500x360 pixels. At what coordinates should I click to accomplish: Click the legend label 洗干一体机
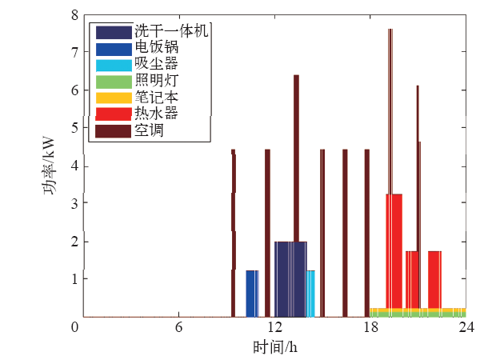pyautogui.click(x=171, y=32)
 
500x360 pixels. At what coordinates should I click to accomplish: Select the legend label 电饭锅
pyautogui.click(x=152, y=48)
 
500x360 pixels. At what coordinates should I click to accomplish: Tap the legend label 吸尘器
pyautogui.click(x=152, y=64)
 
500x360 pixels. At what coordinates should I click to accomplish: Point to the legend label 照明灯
pyautogui.click(x=152, y=81)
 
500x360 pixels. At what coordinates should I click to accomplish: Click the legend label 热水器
pyautogui.click(x=152, y=114)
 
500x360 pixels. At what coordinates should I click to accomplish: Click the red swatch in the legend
pyautogui.click(x=114, y=114)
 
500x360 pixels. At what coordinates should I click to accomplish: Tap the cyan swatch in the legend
pyautogui.click(x=114, y=64)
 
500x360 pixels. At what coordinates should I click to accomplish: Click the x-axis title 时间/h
pyautogui.click(x=275, y=347)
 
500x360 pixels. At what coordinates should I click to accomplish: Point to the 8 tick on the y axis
pyautogui.click(x=74, y=15)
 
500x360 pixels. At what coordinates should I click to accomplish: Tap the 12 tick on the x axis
pyautogui.click(x=274, y=328)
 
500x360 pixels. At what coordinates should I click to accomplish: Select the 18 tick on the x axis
pyautogui.click(x=370, y=328)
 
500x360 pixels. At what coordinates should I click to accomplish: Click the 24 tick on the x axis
pyautogui.click(x=466, y=328)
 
